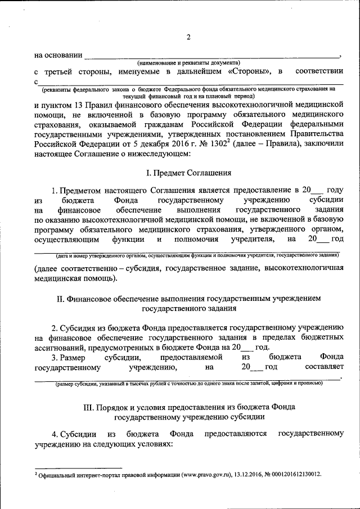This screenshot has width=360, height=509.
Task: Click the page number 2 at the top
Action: pos(189,38)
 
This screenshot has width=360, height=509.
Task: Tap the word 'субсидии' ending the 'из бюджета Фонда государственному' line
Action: pos(326,200)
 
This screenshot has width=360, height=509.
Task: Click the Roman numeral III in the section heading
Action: pos(89,407)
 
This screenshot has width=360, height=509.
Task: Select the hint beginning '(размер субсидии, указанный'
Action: pos(188,384)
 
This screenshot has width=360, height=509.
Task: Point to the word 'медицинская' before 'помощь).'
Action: pos(57,278)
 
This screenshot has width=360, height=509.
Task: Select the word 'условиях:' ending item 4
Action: pos(152,444)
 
